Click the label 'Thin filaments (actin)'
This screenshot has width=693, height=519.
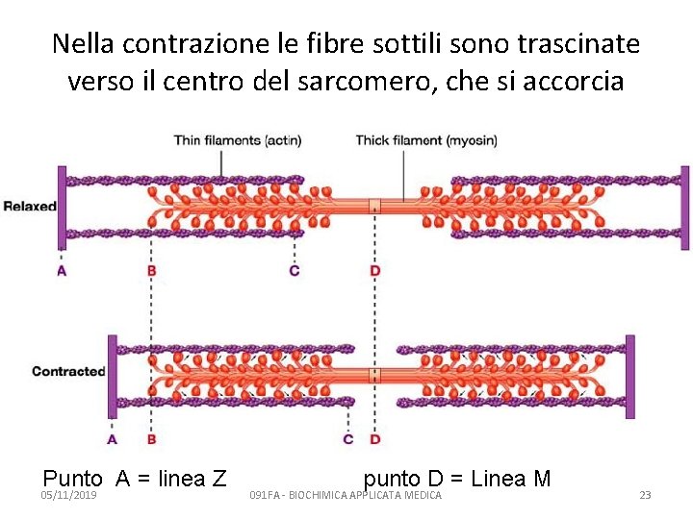pyautogui.click(x=237, y=140)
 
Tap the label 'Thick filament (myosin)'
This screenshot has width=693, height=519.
pyautogui.click(x=426, y=140)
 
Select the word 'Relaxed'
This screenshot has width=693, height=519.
pyautogui.click(x=30, y=206)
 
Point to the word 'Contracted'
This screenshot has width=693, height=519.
pyautogui.click(x=67, y=371)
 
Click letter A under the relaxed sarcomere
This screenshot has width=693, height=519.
pyautogui.click(x=62, y=271)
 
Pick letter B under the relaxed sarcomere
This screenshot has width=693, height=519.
pyautogui.click(x=151, y=271)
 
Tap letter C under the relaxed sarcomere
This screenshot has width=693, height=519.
pyautogui.click(x=294, y=271)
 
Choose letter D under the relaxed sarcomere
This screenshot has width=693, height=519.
pyautogui.click(x=374, y=271)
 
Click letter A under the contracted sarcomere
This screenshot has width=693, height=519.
pyautogui.click(x=112, y=439)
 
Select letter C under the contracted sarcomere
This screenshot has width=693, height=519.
pyautogui.click(x=348, y=439)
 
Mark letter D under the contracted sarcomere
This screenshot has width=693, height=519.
pyautogui.click(x=374, y=439)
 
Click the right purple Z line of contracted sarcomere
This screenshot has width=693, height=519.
pyautogui.click(x=630, y=376)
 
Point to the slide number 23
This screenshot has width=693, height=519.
pyautogui.click(x=645, y=495)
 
